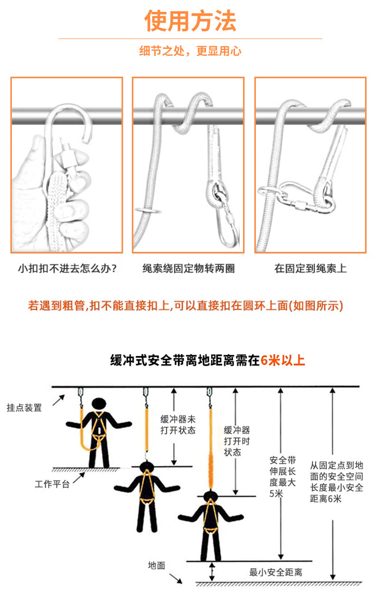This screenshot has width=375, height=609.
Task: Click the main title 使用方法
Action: click(x=190, y=21)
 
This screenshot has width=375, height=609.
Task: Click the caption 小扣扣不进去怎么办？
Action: click(x=67, y=269)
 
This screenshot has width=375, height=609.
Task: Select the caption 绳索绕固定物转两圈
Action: click(x=188, y=269)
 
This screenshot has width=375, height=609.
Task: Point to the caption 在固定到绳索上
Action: click(x=310, y=269)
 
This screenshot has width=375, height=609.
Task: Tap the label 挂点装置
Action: click(x=24, y=407)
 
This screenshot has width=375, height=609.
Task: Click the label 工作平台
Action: click(x=52, y=484)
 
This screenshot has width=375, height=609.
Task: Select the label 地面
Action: click(x=156, y=565)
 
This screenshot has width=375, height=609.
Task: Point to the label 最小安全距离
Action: click(x=276, y=572)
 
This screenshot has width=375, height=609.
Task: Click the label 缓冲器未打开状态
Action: click(x=178, y=425)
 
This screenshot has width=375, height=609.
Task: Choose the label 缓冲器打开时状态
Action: click(x=237, y=441)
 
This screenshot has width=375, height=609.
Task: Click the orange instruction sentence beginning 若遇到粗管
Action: click(x=186, y=305)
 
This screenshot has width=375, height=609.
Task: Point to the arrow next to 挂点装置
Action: click(x=58, y=401)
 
